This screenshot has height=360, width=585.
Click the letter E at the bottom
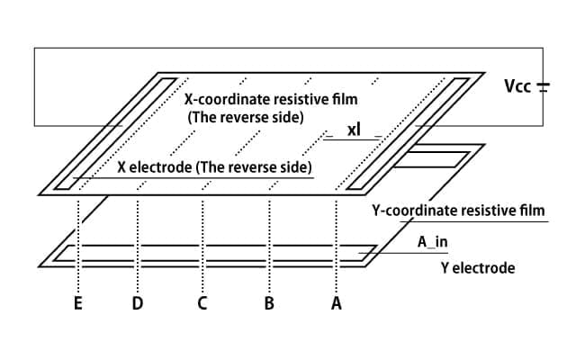[78, 303]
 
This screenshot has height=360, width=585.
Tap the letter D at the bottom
[138, 303]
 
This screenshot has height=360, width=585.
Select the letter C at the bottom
[202, 303]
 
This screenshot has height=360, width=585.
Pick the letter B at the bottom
[269, 303]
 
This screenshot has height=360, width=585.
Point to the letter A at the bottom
[337, 303]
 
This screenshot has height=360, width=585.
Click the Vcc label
[517, 86]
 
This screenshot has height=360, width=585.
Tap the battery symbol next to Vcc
[543, 87]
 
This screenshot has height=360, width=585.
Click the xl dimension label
[354, 130]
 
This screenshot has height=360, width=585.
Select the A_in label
[432, 242]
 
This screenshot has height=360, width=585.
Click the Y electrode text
[478, 268]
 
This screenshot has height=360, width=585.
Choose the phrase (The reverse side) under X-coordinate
[246, 118]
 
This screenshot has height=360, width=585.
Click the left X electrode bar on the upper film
[115, 133]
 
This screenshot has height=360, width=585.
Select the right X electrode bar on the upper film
[408, 133]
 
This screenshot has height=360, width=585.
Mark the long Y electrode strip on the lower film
[214, 253]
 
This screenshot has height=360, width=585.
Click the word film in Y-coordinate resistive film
[533, 211]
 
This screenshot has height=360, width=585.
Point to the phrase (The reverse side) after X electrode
[254, 167]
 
